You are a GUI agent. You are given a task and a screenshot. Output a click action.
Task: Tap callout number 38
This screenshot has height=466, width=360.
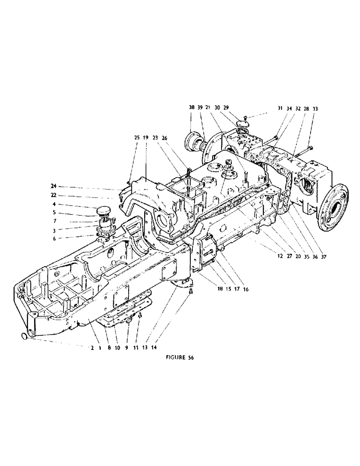tap(192, 107)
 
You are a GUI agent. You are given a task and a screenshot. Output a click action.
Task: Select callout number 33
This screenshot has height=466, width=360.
tap(316, 109)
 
